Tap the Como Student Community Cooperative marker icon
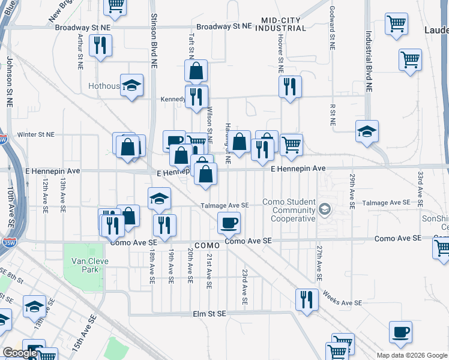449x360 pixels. coord(325,209)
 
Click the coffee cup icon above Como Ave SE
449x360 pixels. coord(229,223)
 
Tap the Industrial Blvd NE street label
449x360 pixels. coord(368,62)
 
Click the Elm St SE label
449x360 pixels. coord(209,313)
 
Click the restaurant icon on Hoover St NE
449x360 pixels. coord(291,88)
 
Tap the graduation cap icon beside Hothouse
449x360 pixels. coord(131,86)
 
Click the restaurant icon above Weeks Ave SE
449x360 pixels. coord(307,299)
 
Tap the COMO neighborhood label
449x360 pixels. coord(208,246)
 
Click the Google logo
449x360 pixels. coord(20,353)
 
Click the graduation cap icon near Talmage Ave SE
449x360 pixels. coord(159,199)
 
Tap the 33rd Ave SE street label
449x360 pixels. coord(420,187)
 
